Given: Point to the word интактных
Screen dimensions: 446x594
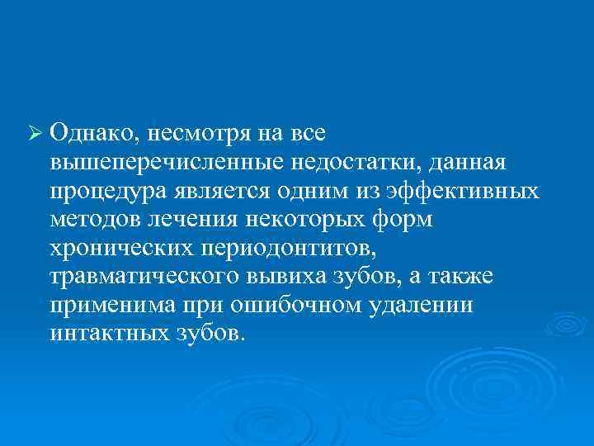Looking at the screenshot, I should [x=106, y=335].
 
